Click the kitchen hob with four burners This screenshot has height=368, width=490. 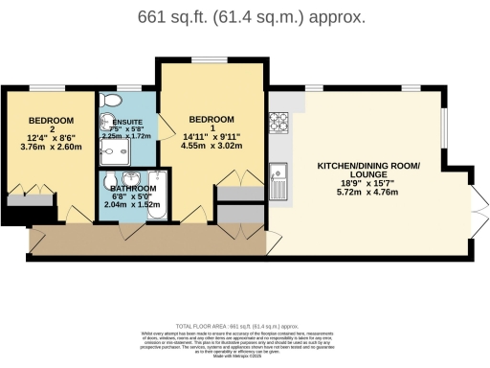(279, 122)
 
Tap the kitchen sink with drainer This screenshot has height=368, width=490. (279, 174)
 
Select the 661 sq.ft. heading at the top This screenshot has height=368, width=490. (245, 17)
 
